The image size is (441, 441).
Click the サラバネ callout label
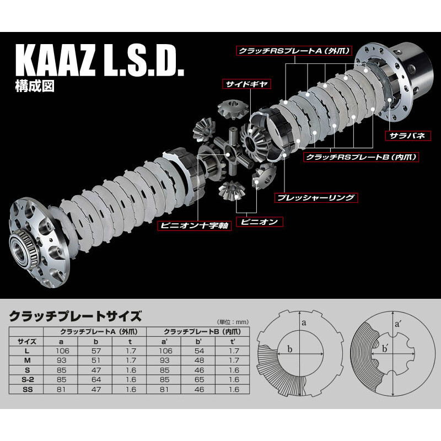pyautogui.click(x=405, y=135)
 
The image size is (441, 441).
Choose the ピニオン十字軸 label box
pyautogui.click(x=194, y=227)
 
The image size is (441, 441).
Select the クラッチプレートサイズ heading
pyautogui.click(x=76, y=316)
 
